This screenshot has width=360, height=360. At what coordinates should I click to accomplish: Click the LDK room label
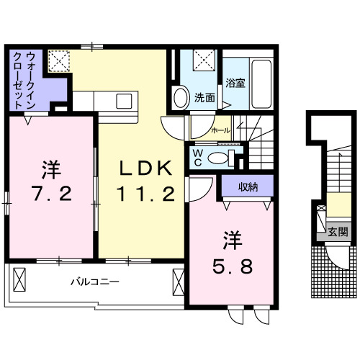tap(145, 168)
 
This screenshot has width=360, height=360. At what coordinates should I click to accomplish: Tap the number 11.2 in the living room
tap(145, 192)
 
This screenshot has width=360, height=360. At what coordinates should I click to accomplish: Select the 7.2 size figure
tap(50, 193)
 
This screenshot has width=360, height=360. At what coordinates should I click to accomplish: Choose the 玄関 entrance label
tap(337, 232)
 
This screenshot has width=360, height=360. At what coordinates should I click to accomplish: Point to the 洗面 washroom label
tap(204, 98)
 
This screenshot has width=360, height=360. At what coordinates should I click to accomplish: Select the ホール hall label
tap(220, 131)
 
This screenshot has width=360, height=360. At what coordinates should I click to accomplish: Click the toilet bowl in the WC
tap(225, 157)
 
